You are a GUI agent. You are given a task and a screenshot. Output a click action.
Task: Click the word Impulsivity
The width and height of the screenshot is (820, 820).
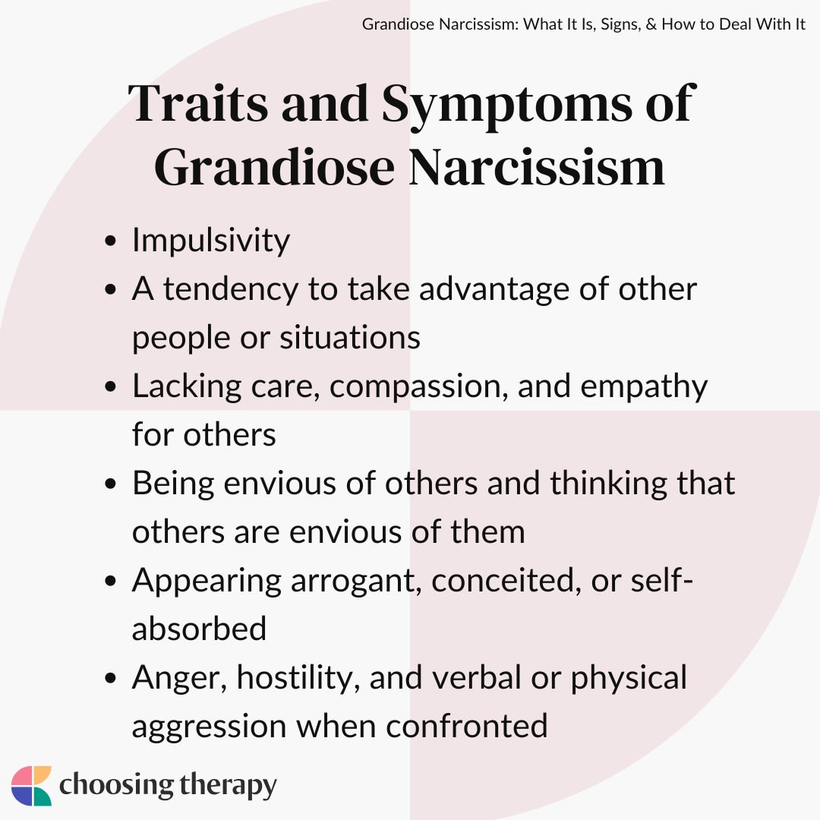[x=211, y=241]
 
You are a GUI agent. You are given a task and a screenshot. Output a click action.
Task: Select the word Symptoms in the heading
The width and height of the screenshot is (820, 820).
[x=507, y=107]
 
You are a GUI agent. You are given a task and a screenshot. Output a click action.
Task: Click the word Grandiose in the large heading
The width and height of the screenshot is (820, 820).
[x=274, y=167]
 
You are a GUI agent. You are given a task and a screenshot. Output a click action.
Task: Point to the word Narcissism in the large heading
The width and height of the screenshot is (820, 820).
[x=537, y=166]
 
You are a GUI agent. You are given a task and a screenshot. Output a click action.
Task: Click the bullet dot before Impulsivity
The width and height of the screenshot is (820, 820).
[x=110, y=241]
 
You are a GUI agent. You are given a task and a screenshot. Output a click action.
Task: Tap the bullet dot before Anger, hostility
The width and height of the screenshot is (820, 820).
[x=110, y=678]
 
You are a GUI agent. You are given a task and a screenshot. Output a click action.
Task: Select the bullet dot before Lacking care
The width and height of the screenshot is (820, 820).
[x=110, y=386]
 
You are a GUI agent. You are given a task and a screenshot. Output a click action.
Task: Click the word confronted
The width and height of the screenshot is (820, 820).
[x=467, y=727]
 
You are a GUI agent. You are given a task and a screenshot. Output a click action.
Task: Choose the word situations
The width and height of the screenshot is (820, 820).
[x=350, y=337]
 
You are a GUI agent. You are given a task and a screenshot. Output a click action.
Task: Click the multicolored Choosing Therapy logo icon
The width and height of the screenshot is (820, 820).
[x=31, y=786]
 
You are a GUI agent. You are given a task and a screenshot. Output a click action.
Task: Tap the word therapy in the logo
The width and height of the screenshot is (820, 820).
[x=228, y=787]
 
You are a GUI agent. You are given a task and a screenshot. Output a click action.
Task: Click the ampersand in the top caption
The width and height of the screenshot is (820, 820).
[x=651, y=24]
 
